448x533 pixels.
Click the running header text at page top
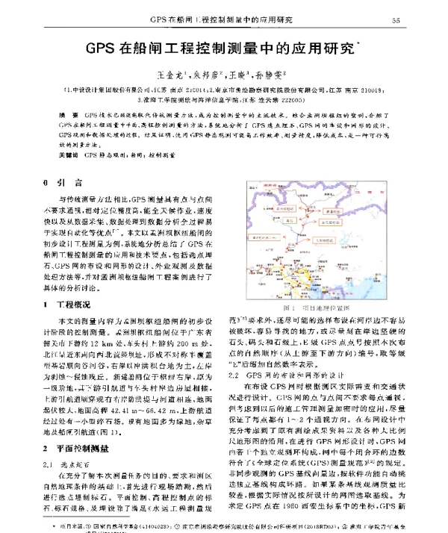point(221,19)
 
